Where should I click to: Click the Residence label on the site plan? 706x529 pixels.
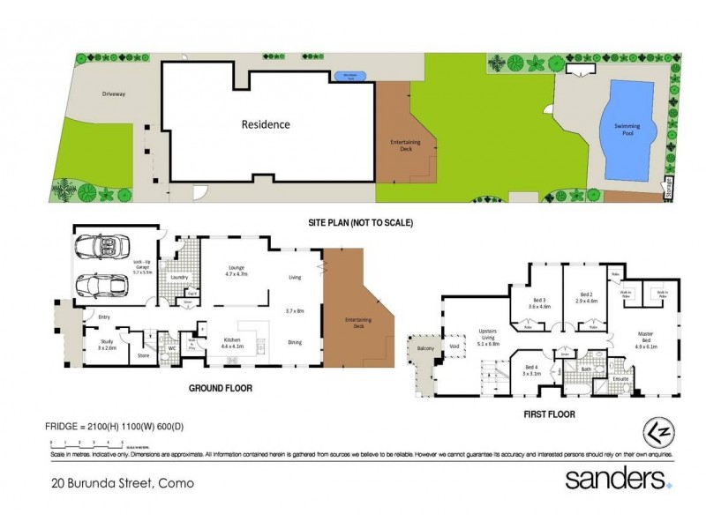(x=266, y=124)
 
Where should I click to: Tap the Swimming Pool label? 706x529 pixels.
(x=627, y=130)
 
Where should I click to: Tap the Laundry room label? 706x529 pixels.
(x=181, y=278)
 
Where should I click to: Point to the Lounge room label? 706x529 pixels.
(x=234, y=270)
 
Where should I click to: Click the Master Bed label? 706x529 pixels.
(x=648, y=339)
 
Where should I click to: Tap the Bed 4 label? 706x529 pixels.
(x=530, y=370)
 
